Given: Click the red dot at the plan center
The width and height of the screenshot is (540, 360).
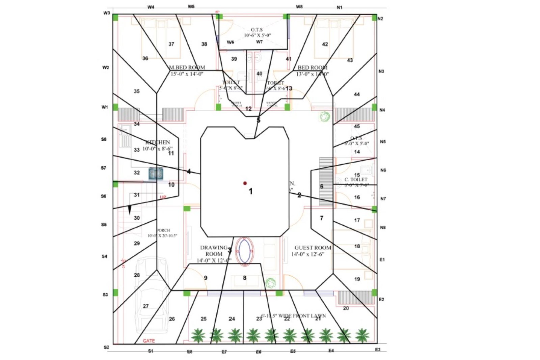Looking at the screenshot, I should [x=245, y=183].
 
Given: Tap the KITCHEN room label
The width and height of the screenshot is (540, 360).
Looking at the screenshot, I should [x=158, y=142].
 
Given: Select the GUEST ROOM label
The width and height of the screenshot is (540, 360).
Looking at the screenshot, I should [x=313, y=248].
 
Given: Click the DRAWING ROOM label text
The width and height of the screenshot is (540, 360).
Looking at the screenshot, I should [x=214, y=251].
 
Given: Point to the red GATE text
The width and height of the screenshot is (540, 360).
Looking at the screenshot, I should [x=149, y=341].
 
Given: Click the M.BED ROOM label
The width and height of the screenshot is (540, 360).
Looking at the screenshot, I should [x=187, y=67].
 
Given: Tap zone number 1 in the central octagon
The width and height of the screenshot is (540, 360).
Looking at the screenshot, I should [x=250, y=191].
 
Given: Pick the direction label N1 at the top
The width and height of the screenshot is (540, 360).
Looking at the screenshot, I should [x=340, y=7].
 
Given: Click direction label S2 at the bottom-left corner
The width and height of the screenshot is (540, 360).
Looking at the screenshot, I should [x=107, y=347].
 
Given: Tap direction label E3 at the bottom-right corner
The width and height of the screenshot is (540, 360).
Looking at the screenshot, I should [x=378, y=350].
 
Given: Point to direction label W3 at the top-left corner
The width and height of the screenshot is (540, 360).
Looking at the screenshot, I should [x=107, y=13].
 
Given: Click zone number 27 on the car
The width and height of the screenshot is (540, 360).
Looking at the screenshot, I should [x=146, y=306].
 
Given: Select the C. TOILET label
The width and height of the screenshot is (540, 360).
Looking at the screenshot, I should [x=356, y=179].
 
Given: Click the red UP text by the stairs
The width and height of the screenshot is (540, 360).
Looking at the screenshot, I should [x=163, y=197].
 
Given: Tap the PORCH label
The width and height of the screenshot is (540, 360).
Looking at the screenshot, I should [x=163, y=230].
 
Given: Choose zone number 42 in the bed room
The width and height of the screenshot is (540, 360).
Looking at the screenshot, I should [x=325, y=44].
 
